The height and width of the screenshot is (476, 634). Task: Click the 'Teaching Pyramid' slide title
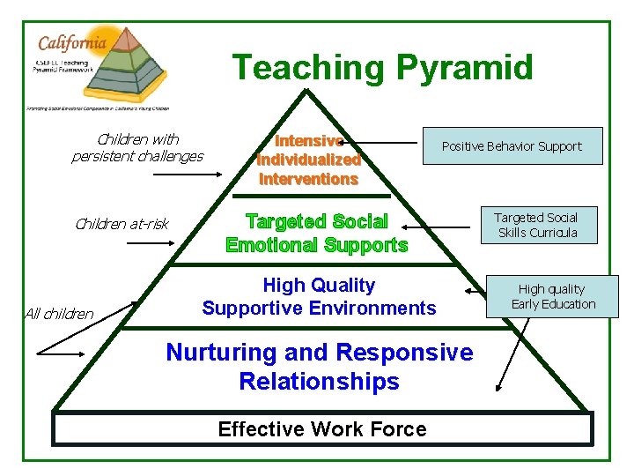pos(382,68)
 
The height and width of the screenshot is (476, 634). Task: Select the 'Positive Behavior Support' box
pos(511,146)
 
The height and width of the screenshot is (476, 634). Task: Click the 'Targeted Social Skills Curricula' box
pos(535,225)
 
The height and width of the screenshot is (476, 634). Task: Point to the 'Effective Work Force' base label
pos(321,429)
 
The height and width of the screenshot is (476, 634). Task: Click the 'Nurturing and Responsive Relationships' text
pos(319,367)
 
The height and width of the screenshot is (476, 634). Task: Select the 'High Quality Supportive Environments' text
pos(319,296)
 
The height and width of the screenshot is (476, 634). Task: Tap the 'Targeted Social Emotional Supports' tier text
pos(317,233)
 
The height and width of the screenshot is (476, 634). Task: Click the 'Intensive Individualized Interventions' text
pos(308,160)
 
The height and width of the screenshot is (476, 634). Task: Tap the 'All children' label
pos(59,313)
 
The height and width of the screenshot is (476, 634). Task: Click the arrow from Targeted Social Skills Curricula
pos(440,228)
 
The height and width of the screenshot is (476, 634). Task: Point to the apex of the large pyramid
pos(305,90)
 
